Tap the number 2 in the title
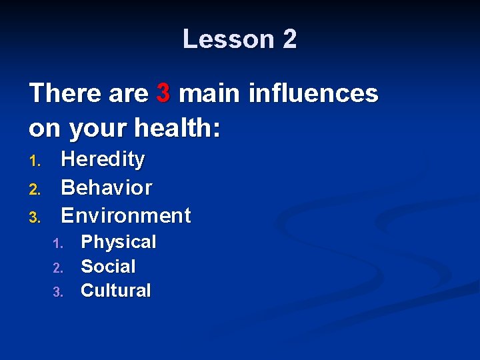[289, 39]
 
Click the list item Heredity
[103, 160]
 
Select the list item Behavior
[107, 187]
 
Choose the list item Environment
[126, 215]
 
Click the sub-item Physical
[118, 242]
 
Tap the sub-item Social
[108, 267]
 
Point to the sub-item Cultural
[116, 291]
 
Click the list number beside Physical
[57, 243]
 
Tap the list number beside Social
[57, 268]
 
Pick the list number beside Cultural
[57, 292]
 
